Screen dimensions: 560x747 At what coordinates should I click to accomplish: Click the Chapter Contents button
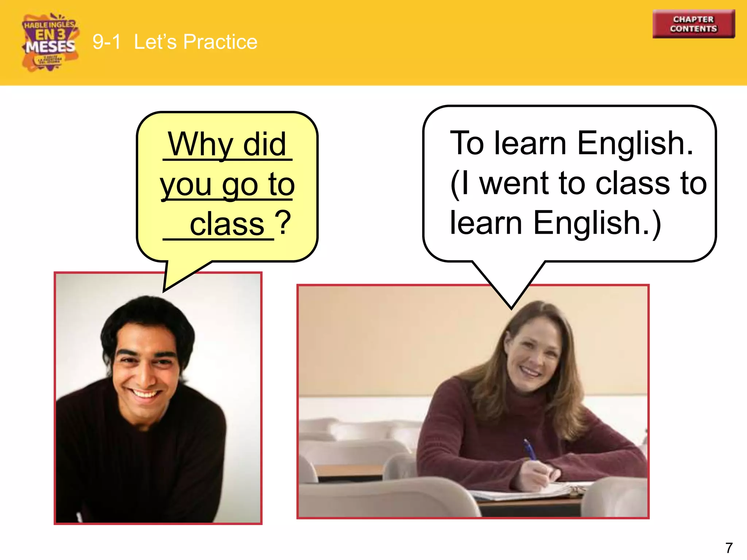693,24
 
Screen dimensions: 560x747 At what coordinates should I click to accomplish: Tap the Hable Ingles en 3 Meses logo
50,42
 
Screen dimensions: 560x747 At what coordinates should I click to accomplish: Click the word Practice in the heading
220,42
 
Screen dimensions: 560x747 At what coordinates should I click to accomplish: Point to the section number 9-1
106,42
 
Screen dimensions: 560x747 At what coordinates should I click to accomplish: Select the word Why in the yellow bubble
200,144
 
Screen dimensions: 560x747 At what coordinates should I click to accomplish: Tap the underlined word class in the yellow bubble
227,224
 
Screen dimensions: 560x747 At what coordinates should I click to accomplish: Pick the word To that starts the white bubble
467,143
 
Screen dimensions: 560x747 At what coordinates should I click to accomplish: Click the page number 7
729,548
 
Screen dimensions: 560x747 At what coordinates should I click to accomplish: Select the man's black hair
146,314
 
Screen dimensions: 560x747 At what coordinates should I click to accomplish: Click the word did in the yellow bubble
264,144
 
